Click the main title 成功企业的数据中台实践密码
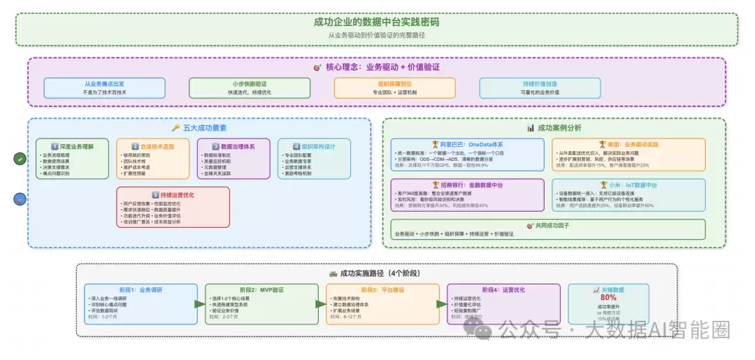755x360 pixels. click(x=377, y=22)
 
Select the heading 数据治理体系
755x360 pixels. click(x=234, y=147)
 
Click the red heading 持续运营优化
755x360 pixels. click(x=172, y=195)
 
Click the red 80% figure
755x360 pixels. click(x=598, y=297)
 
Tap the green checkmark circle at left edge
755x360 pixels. click(x=19, y=159)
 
